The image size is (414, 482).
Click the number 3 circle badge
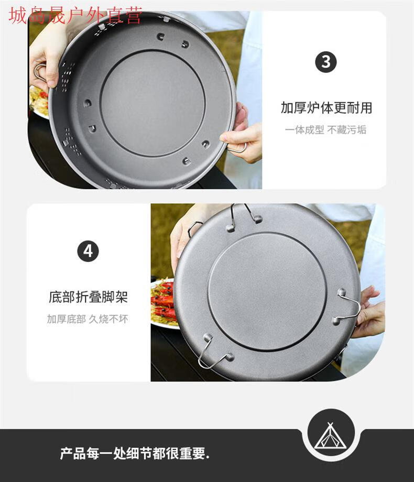(x=325, y=62)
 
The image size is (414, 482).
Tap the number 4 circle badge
(x=88, y=251)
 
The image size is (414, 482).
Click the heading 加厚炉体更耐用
(x=326, y=108)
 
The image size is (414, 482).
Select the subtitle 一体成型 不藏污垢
(x=325, y=130)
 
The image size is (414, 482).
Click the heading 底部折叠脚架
(x=88, y=298)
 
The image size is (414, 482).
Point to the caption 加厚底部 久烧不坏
(x=88, y=319)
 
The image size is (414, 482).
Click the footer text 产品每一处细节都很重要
(x=135, y=453)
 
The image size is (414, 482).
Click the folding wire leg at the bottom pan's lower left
(x=212, y=354)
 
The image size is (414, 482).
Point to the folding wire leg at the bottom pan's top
(x=244, y=215)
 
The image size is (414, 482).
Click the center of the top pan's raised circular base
(x=151, y=103)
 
